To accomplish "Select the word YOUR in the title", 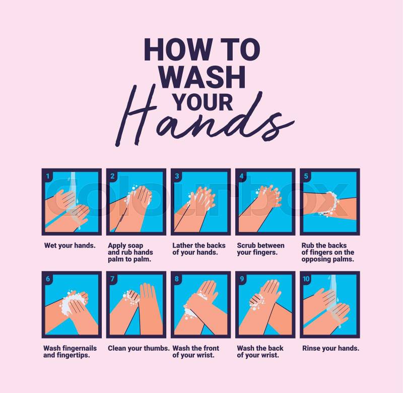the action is [x=203, y=102].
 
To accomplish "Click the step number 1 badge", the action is [x=47, y=176].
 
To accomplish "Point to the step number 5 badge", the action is [x=306, y=176].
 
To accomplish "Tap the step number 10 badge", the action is [x=306, y=278].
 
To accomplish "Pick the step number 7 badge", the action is [x=112, y=278].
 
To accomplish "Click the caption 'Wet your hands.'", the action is [x=70, y=246].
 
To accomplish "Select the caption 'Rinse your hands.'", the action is [x=330, y=348].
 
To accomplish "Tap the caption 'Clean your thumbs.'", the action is [x=139, y=348].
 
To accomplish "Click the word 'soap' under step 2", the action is [x=135, y=246].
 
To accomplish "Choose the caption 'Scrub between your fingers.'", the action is [x=260, y=249].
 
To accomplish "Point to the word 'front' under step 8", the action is [x=210, y=348].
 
